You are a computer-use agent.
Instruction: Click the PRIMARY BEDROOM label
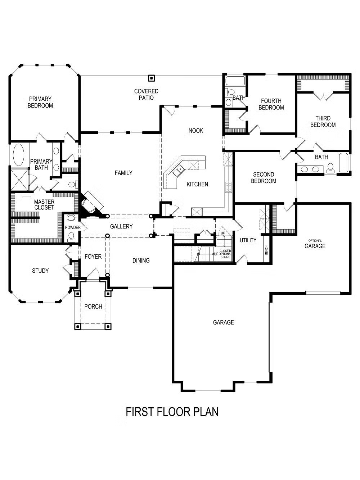click(x=40, y=102)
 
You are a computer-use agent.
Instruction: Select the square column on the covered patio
click(x=151, y=78)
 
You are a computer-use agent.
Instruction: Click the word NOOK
click(x=196, y=131)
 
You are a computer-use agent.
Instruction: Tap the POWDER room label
click(x=73, y=227)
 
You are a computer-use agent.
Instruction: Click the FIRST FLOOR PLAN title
click(x=172, y=411)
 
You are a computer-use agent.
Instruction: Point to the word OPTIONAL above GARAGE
click(x=315, y=241)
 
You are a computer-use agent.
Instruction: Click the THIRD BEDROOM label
click(x=323, y=122)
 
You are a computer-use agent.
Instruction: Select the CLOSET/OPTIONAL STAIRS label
click(x=225, y=254)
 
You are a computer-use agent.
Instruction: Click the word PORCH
click(x=93, y=306)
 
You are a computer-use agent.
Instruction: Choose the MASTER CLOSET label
click(x=44, y=204)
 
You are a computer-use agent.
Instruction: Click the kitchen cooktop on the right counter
click(x=228, y=187)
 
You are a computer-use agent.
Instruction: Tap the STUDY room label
click(x=40, y=271)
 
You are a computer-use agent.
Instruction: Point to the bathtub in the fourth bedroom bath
click(x=235, y=81)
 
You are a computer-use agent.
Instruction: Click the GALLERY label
click(x=121, y=226)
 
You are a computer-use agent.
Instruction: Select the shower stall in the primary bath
click(x=20, y=179)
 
